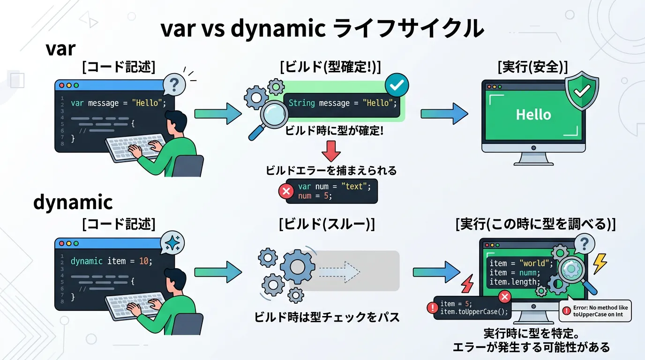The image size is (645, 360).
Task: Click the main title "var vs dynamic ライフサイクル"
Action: coord(322,29)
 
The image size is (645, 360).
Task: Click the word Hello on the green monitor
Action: coord(533,114)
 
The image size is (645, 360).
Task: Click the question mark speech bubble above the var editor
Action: coord(174,85)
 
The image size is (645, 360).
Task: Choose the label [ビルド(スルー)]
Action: coord(327,225)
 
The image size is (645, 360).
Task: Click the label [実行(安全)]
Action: coord(532,67)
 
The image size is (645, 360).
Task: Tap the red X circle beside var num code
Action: coord(286,191)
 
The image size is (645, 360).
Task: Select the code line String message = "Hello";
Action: coord(343,103)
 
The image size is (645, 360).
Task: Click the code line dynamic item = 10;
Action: coord(112,261)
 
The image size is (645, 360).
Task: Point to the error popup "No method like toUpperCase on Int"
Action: coord(595,311)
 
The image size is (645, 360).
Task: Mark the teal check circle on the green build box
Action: coord(397,85)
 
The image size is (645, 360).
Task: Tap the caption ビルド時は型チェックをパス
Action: coord(327,317)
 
